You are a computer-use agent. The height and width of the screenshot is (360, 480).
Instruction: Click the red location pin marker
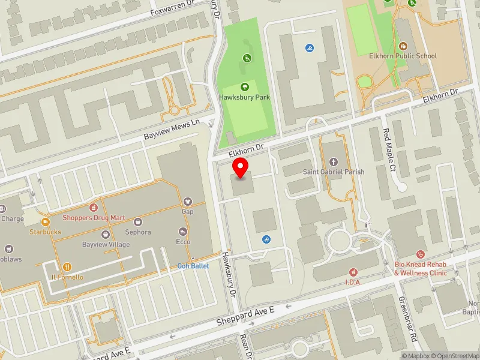click(x=241, y=169)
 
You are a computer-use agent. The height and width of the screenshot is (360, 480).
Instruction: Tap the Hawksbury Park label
click(x=244, y=97)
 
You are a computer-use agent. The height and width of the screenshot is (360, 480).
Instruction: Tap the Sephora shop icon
click(x=138, y=221)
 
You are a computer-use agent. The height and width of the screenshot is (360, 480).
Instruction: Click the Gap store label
click(x=187, y=212)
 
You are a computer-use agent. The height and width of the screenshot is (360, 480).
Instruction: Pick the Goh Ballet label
click(x=193, y=266)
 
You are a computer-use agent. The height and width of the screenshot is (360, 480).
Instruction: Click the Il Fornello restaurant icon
click(x=67, y=267)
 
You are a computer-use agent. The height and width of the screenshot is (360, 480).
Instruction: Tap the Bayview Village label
click(x=106, y=245)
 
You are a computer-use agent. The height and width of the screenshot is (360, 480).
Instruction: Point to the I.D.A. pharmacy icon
click(x=353, y=272)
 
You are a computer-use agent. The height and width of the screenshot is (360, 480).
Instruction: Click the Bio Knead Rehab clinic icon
click(x=420, y=254)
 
